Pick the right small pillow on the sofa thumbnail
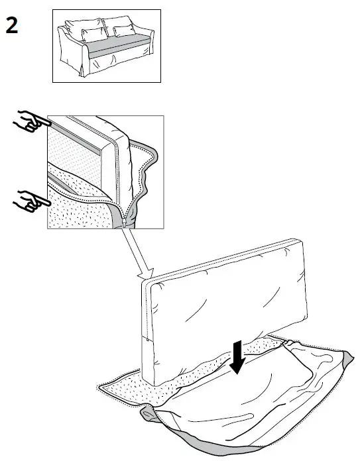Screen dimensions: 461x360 pyautogui.click(x=123, y=30)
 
